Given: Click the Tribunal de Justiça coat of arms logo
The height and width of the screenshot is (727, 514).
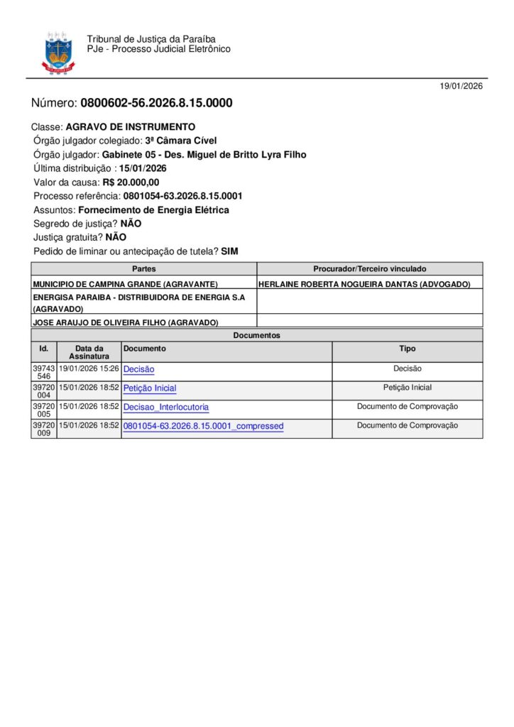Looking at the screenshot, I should click(58, 52).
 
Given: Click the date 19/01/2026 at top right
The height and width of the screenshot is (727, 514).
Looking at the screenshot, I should click(461, 87).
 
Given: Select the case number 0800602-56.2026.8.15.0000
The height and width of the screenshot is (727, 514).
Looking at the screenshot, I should click(156, 103).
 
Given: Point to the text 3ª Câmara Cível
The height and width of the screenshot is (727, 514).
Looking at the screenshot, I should click(181, 141).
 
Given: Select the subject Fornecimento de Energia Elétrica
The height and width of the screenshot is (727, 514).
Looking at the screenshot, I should click(153, 210).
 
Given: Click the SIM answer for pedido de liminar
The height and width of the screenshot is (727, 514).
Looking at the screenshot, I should click(229, 251).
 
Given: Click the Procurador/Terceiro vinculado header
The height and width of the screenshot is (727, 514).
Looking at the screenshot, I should click(370, 269).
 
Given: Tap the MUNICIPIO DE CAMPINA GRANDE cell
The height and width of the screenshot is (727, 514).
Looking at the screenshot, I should click(126, 284).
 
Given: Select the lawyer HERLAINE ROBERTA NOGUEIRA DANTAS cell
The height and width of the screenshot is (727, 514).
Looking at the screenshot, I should click(364, 284).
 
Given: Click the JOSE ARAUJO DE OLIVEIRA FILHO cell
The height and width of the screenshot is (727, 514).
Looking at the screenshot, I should click(126, 322).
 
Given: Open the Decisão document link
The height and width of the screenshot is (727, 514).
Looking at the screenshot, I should click(138, 369).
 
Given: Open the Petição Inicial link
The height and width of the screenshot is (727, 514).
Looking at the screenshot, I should click(150, 388).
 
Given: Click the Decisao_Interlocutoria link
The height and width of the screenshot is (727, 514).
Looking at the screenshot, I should click(166, 408).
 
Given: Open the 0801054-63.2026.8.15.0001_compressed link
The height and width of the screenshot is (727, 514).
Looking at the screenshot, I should click(203, 426).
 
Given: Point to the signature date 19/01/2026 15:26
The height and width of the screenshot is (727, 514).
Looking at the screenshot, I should click(89, 369).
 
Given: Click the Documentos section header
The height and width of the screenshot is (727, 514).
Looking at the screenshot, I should click(257, 335).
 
